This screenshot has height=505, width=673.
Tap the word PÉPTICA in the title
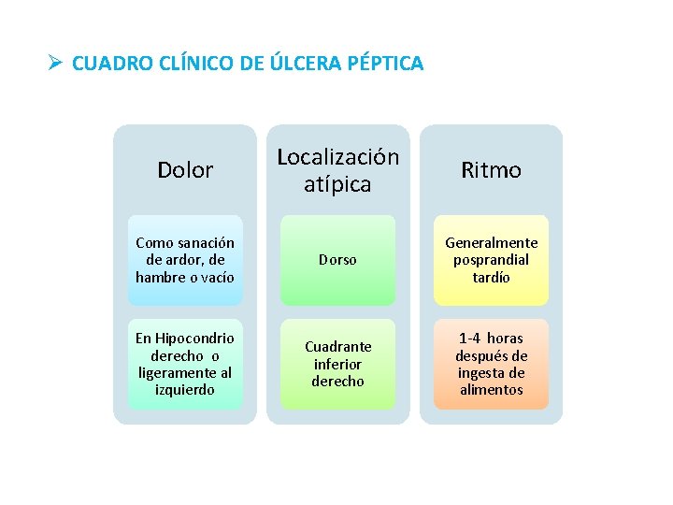pos(385,64)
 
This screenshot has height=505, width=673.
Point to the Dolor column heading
pos(185,170)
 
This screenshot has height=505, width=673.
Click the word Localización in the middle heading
pos(337,157)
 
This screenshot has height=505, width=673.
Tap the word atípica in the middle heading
pos(337,184)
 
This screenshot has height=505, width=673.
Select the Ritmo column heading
pos(491,170)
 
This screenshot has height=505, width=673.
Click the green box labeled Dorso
pos(337,260)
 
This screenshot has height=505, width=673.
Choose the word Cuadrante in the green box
pos(337,346)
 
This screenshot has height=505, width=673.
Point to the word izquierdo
pos(185,389)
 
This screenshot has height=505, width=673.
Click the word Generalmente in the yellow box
pos(491,243)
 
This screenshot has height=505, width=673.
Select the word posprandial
pos(491,260)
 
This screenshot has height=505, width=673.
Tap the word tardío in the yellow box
pos(491,278)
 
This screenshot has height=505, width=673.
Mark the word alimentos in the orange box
pos(491,389)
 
